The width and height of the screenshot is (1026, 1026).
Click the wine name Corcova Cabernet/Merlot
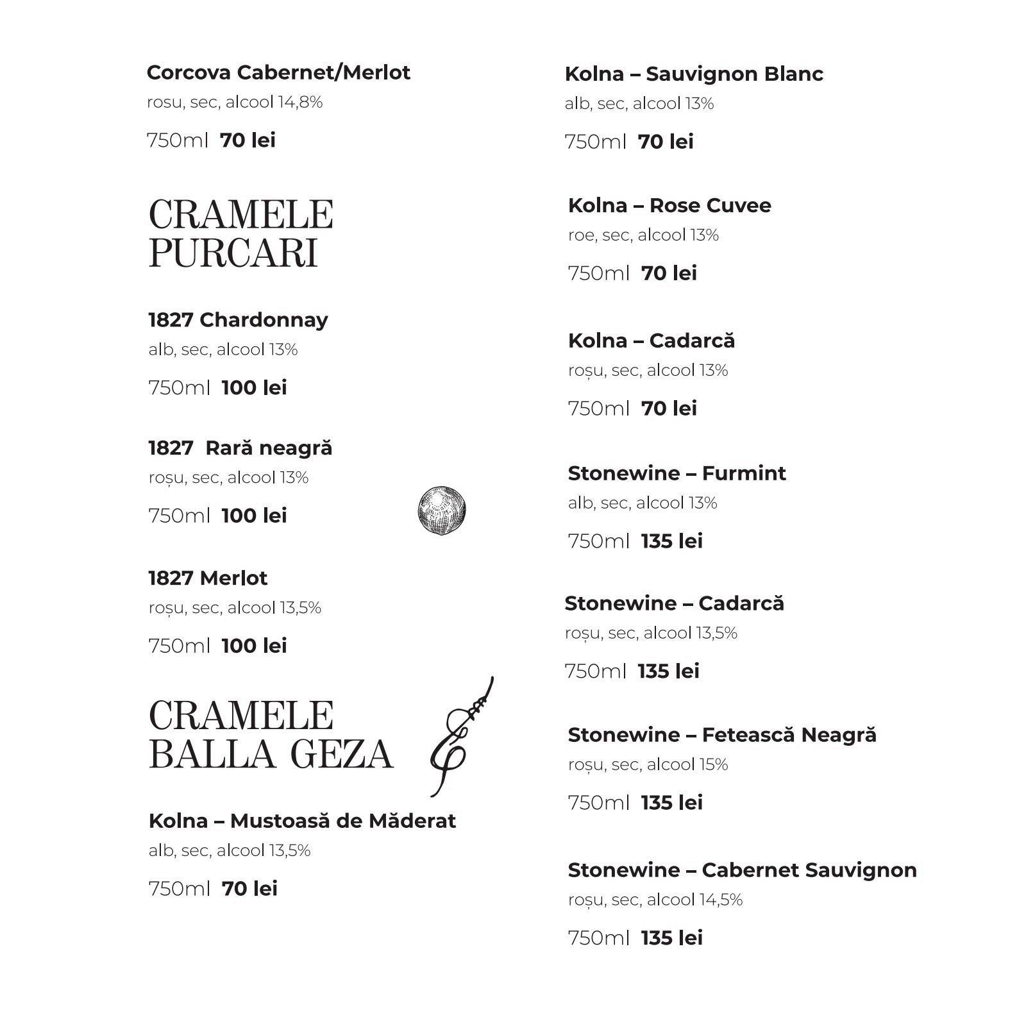pos(278,72)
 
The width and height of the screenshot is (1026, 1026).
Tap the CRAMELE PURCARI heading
pos(240,233)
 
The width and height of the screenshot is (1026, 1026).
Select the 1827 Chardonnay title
pos(238,319)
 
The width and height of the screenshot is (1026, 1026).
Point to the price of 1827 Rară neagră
pos(254,516)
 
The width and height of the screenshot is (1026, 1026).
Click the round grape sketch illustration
pos(441,510)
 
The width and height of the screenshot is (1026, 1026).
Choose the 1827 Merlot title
pos(208,578)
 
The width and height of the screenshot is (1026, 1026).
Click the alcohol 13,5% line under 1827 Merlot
pos(235,607)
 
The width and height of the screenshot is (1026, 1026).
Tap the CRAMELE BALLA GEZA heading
pos(271,734)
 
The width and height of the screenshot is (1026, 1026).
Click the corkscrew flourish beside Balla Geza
pos(462,737)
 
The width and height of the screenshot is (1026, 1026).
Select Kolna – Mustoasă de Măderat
pos(302,821)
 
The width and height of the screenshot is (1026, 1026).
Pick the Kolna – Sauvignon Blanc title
pos(694,74)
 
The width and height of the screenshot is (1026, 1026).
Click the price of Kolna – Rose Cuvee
pos(669,273)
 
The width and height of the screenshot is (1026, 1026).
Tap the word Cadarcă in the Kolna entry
pos(692,341)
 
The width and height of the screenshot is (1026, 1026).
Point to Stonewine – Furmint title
pos(677,473)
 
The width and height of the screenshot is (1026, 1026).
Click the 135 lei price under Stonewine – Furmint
pos(671,541)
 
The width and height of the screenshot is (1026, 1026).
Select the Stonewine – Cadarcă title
pos(674,603)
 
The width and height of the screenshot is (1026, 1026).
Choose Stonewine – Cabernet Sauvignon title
pos(742,870)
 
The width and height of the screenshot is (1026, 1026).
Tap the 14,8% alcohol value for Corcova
pos(299,102)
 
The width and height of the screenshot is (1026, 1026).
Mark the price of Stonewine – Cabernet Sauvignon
pos(671,938)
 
